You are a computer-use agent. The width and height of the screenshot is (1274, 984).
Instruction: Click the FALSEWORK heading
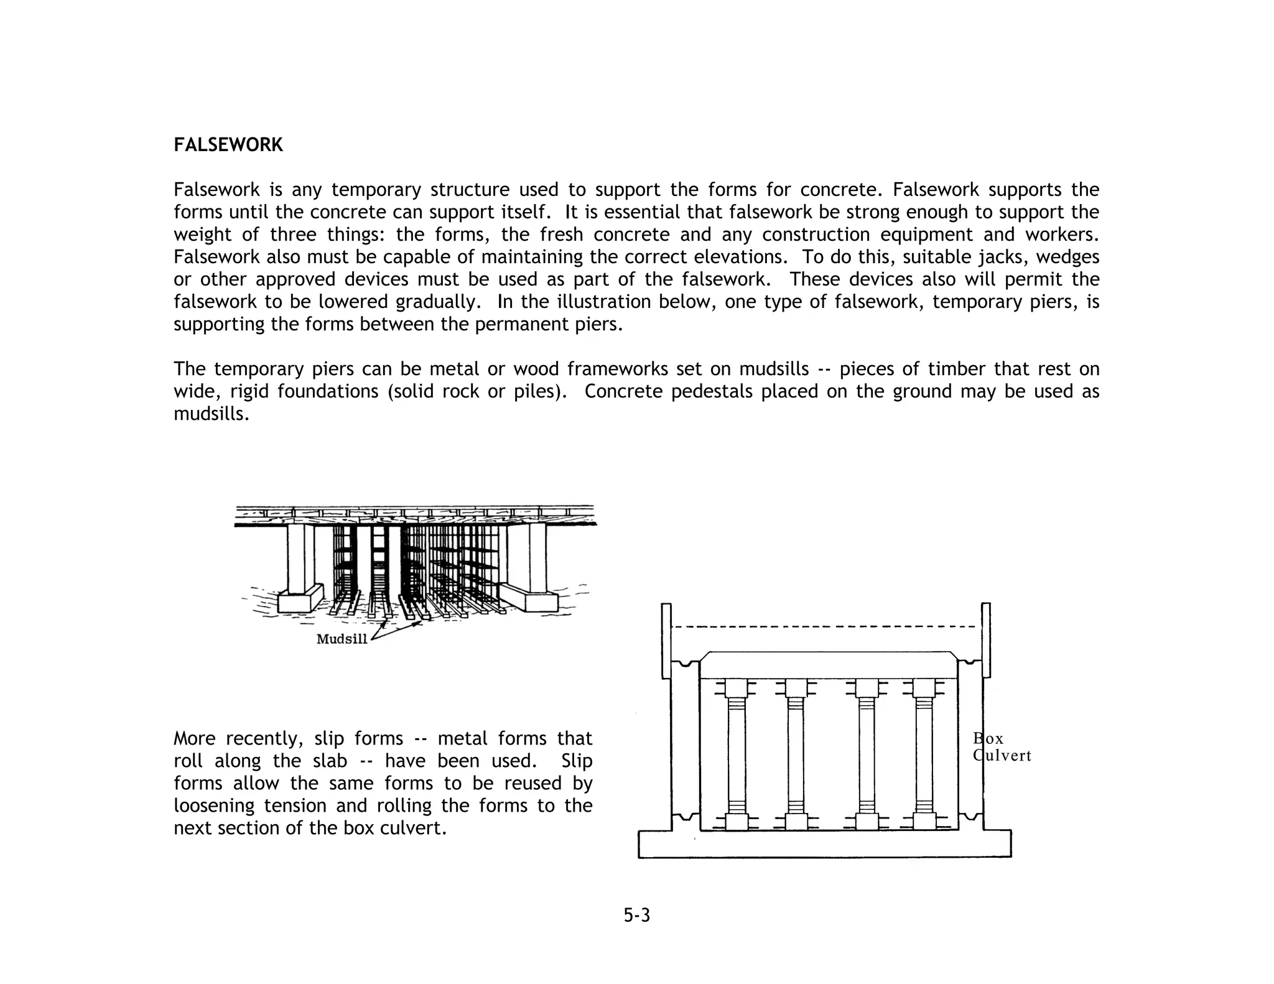point(228,145)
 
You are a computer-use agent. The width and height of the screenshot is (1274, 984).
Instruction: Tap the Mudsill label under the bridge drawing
point(342,639)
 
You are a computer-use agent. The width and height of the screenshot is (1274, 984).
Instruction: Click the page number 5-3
point(637,915)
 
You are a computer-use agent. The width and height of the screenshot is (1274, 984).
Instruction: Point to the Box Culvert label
point(1002,747)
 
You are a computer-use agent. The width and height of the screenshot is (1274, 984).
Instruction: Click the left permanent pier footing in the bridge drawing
point(300,598)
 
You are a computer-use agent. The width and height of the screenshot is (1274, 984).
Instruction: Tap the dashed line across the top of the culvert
point(825,627)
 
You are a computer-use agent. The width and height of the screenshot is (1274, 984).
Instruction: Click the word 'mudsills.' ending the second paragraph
point(212,414)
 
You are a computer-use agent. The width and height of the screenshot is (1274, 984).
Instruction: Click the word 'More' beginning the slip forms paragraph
point(194,738)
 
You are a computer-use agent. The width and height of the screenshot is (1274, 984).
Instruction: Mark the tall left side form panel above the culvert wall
point(666,641)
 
